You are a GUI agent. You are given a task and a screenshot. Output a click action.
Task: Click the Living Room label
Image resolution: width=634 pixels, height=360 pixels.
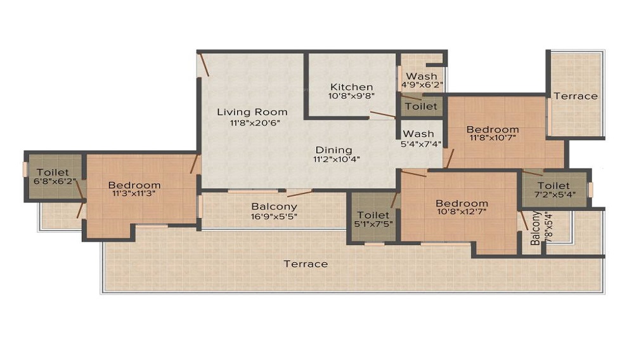coord(252,112)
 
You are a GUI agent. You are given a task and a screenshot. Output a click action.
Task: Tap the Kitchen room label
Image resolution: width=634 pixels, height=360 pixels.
coord(352,87)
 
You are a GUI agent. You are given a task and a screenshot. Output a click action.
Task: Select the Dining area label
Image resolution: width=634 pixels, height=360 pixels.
coord(334,150)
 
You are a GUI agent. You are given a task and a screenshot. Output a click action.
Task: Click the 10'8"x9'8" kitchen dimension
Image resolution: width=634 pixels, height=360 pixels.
coord(352,96)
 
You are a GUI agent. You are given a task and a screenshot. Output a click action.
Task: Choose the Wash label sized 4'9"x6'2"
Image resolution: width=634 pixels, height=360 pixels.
coord(422,77)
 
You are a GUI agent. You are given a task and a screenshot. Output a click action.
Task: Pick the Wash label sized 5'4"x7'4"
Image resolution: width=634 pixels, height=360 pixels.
coord(419,134)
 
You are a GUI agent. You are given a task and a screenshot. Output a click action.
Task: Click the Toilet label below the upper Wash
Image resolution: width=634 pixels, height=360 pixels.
coord(421,106)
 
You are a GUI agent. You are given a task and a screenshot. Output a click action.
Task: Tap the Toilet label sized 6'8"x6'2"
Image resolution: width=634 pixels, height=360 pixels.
coord(53,172)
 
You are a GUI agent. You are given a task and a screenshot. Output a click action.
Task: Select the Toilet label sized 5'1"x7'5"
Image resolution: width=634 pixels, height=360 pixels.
coord(373,215)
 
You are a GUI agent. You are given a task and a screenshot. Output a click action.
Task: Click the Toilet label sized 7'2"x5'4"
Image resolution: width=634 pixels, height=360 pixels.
coord(553,186)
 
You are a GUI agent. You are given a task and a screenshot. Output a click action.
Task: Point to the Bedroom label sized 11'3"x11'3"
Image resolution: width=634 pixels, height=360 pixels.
coord(134,185)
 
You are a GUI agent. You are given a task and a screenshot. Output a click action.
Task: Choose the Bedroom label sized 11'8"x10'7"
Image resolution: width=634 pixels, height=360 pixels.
coord(493,129)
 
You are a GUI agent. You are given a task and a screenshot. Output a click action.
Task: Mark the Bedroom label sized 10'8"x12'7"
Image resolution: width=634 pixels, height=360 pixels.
coord(462,203)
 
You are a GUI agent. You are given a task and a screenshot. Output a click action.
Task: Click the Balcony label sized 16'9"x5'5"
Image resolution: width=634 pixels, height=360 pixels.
coord(274,207)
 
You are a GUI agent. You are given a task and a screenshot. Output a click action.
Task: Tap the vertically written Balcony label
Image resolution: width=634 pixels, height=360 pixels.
coord(536,228)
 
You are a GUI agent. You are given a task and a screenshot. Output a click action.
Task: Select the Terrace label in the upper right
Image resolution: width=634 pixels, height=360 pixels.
coord(576,96)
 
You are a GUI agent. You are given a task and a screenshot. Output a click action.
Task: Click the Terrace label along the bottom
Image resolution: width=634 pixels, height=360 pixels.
coord(306,264)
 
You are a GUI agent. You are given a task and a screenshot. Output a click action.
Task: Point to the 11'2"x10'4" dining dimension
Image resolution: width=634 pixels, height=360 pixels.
coord(336,159)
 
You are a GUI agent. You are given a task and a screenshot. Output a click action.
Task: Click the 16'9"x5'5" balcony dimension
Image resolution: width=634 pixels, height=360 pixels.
coord(274,216)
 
